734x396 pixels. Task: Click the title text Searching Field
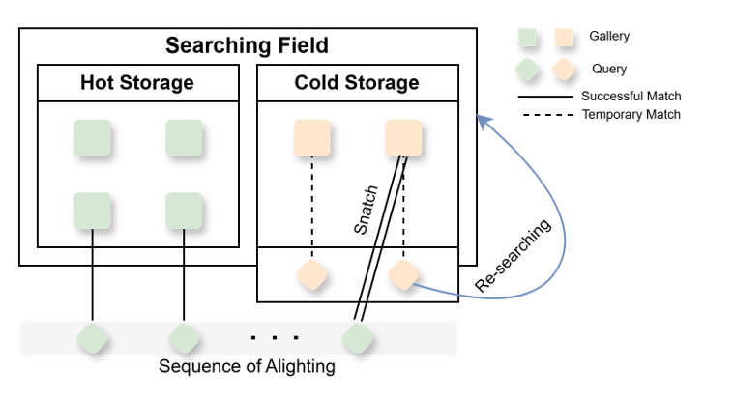[x=247, y=45]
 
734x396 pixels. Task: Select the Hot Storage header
[x=136, y=83]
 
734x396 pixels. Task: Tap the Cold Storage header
[x=357, y=83]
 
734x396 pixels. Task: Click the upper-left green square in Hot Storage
[x=93, y=138]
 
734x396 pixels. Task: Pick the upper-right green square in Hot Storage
[x=183, y=138]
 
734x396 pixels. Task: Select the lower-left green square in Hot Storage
[x=93, y=211]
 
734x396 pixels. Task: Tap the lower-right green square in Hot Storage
[x=183, y=211]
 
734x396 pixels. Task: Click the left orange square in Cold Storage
[x=311, y=138]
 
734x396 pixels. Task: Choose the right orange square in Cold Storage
[x=403, y=138]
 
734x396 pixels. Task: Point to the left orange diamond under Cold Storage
[x=311, y=275]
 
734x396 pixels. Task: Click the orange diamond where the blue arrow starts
[x=402, y=275]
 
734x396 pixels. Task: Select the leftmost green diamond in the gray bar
[x=93, y=339]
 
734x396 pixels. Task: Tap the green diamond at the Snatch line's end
[x=358, y=339]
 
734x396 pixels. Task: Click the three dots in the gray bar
[x=275, y=339]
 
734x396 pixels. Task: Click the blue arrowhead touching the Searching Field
[x=484, y=124]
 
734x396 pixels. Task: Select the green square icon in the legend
[x=527, y=38]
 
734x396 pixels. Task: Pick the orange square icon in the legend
[x=563, y=38]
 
